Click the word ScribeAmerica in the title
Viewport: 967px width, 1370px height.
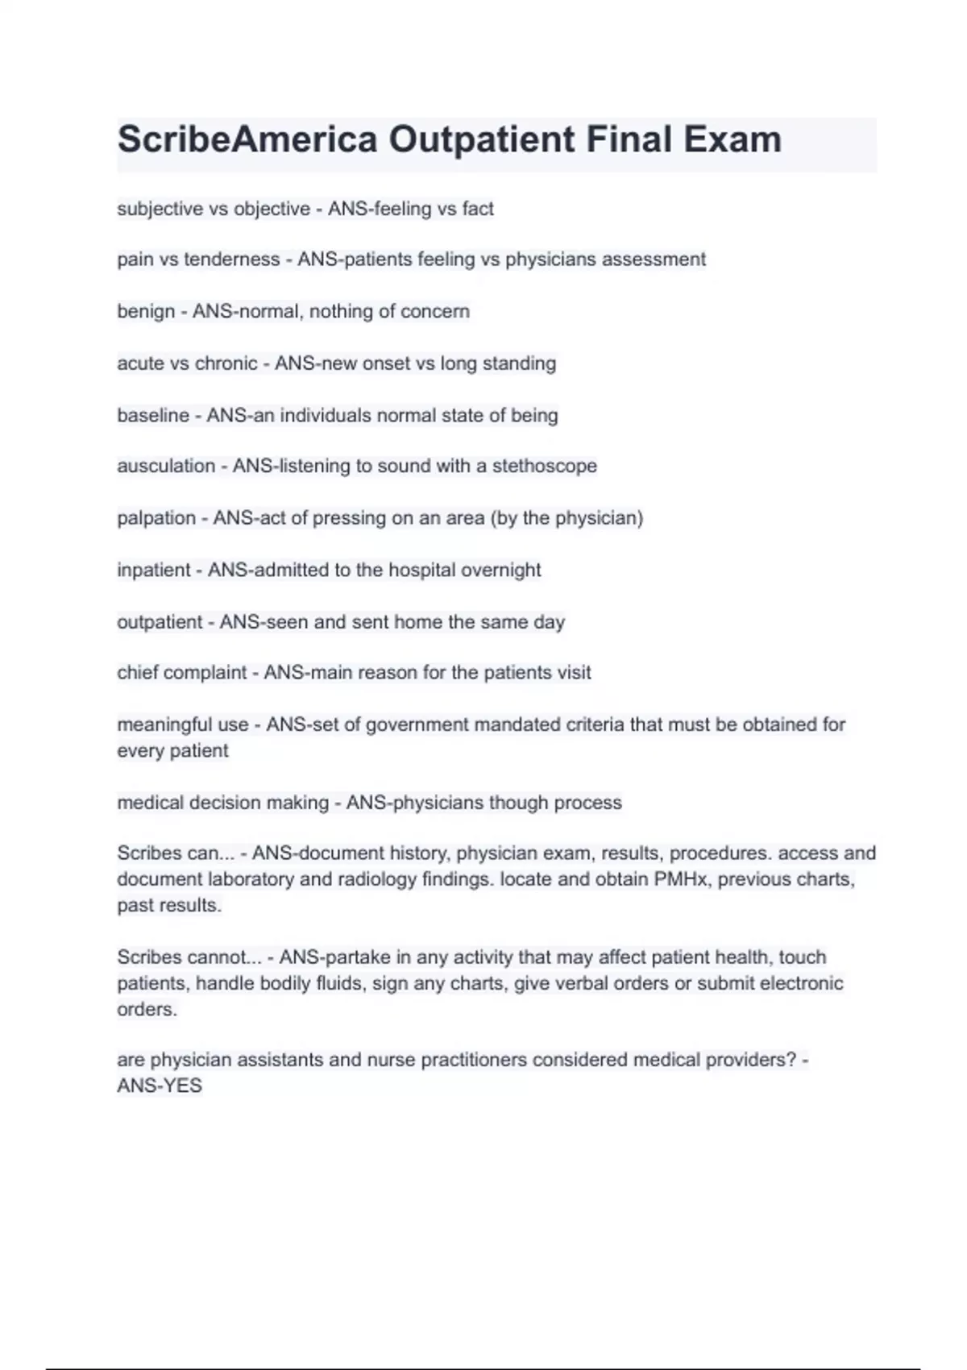[247, 139]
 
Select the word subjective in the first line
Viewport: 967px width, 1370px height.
[160, 209]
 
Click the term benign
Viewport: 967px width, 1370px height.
[146, 312]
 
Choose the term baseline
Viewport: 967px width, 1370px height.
[153, 416]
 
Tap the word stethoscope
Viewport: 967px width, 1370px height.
[545, 466]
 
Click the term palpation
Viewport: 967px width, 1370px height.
[156, 518]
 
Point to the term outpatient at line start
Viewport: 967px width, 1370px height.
[160, 622]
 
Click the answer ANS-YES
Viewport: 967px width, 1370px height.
[160, 1086]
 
